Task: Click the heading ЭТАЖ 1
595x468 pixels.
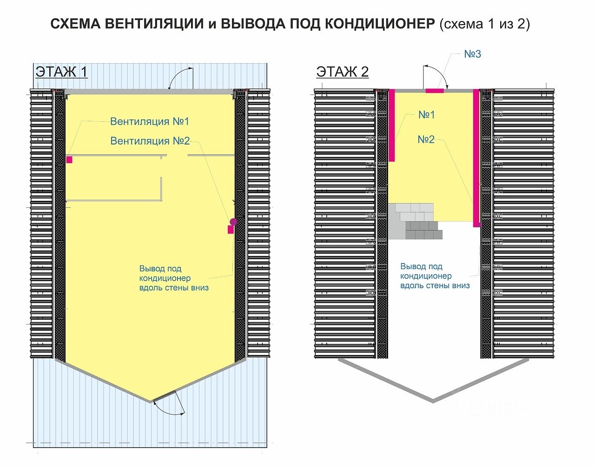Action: point(61,72)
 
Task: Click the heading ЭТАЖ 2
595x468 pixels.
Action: point(342,72)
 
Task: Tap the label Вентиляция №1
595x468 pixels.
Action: point(149,121)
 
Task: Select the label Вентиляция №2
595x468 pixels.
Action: point(150,141)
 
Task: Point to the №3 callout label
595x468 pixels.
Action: point(472,54)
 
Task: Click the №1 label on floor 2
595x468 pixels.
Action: point(426,114)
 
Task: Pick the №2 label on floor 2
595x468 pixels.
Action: point(426,139)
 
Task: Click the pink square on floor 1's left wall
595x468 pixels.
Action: point(69,160)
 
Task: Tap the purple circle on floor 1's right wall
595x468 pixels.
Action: point(233,222)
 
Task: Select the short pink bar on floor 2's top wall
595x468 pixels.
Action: point(435,91)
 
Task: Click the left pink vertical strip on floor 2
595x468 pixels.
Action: point(392,125)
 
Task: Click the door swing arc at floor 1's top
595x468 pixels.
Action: point(181,76)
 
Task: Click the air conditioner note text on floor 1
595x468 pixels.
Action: point(173,278)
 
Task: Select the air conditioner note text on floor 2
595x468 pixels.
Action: point(435,276)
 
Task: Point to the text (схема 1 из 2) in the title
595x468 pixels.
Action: point(484,24)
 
